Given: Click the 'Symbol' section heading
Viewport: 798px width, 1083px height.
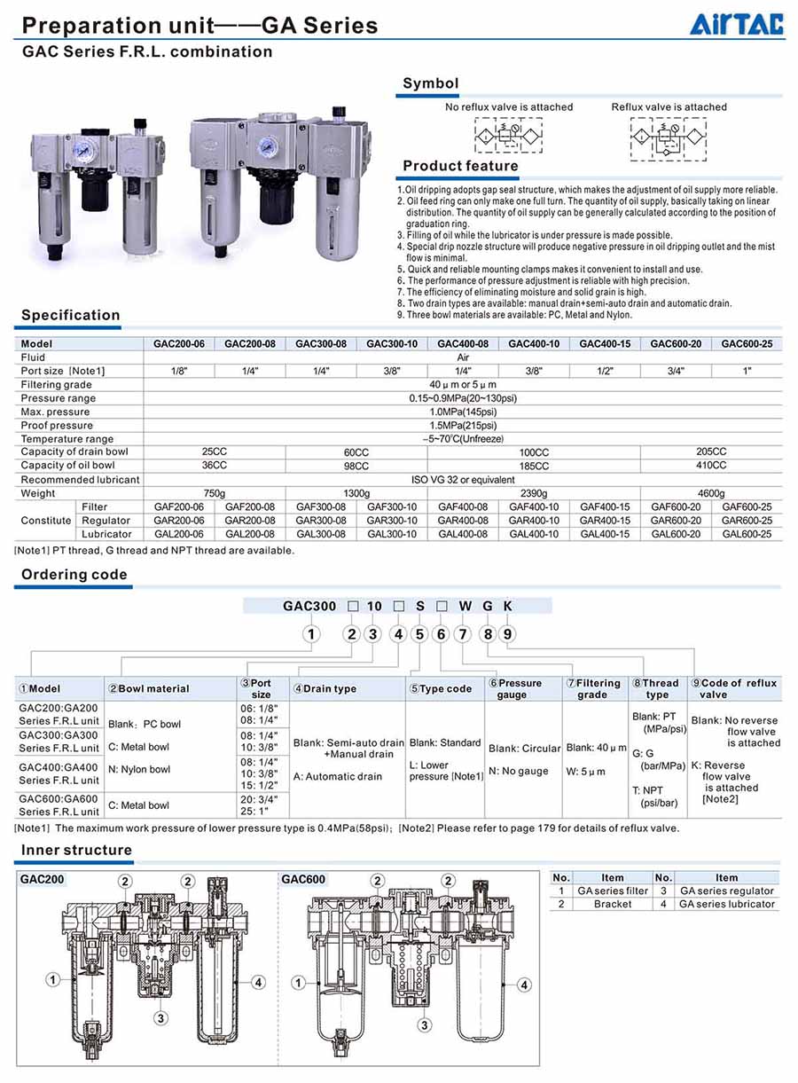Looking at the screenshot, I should (430, 83).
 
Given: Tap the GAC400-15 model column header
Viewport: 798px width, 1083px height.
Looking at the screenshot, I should (605, 343).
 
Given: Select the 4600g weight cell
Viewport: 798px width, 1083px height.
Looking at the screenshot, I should (711, 493).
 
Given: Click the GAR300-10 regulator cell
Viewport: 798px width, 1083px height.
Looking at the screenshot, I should (391, 521).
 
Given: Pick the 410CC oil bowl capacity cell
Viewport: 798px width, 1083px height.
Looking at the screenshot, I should (711, 465).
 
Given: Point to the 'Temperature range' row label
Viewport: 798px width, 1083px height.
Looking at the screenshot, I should (67, 439).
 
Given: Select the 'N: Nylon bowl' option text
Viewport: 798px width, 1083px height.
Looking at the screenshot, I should (139, 769).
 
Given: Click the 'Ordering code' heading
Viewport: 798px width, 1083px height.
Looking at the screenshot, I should (74, 575).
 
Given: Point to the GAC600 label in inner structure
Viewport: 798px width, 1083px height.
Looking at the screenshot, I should (304, 880).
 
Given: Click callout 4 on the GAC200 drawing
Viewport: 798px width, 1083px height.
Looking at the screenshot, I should (258, 982).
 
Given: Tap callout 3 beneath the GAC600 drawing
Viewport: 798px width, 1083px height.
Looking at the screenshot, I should (425, 1024).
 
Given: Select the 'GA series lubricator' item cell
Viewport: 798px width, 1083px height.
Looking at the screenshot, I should (727, 904).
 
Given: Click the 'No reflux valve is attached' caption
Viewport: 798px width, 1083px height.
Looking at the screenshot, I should (509, 107).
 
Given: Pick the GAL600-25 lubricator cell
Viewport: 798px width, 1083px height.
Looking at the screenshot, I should (747, 534).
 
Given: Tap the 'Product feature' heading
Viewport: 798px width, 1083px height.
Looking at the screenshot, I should (460, 166).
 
